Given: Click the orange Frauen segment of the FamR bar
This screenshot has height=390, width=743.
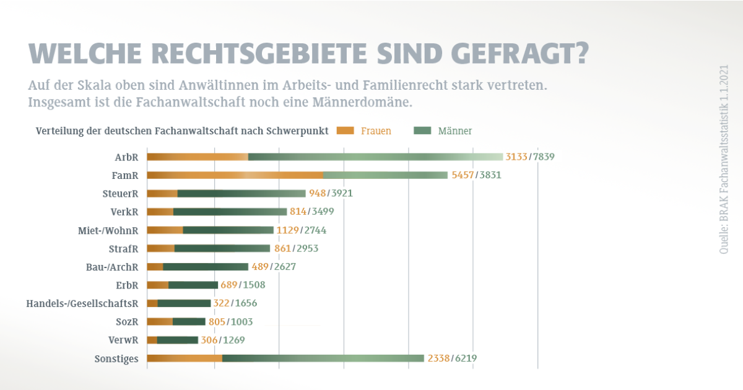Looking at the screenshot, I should click(235, 175).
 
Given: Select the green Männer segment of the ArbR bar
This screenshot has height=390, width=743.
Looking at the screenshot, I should click(375, 157).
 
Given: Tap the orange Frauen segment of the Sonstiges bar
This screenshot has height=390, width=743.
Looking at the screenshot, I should click(185, 358).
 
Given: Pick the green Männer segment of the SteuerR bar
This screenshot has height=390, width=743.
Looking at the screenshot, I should click(241, 193).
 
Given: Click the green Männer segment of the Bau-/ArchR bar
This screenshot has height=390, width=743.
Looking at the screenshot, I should click(206, 267).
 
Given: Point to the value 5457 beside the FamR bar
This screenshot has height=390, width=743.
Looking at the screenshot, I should click(463, 175).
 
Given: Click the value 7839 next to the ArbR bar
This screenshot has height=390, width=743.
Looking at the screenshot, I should click(543, 157).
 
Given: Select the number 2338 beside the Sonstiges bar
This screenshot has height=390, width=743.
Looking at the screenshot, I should click(438, 358).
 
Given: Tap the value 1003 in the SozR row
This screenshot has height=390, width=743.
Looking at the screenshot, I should click(241, 322).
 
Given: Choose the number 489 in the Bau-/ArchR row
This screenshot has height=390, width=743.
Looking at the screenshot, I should click(259, 267).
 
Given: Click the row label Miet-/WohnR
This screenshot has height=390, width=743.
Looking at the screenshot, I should click(108, 230).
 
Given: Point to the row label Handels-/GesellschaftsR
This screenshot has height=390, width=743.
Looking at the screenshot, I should click(82, 303).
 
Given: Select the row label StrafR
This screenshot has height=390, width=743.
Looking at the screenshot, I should click(123, 249).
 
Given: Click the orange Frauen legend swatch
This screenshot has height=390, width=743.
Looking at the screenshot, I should click(345, 131).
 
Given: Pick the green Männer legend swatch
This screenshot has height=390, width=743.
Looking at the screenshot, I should click(422, 131).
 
